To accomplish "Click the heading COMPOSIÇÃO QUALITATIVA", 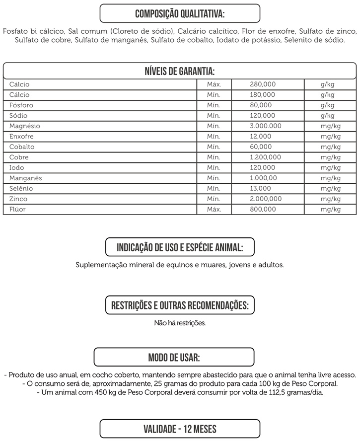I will point(180,13).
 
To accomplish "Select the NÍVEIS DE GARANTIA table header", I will point(180,71).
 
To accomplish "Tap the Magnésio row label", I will point(25,126).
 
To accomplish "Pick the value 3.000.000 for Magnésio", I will point(266,126).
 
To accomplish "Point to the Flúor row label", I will point(18,210).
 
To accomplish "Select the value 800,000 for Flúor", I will point(263,210).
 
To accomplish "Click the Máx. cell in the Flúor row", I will point(214,210).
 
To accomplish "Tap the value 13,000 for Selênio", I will point(261,189).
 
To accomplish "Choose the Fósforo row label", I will point(21,105).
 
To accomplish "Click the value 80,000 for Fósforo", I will point(261,105).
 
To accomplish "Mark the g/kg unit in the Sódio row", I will point(328,116).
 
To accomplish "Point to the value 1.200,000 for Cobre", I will point(266,157).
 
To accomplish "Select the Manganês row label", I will point(26,178).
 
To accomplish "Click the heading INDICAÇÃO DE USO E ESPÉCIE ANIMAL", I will point(180,247).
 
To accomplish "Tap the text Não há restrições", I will point(180,323).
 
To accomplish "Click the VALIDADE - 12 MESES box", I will point(180,429).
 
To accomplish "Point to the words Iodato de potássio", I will point(249,40).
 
